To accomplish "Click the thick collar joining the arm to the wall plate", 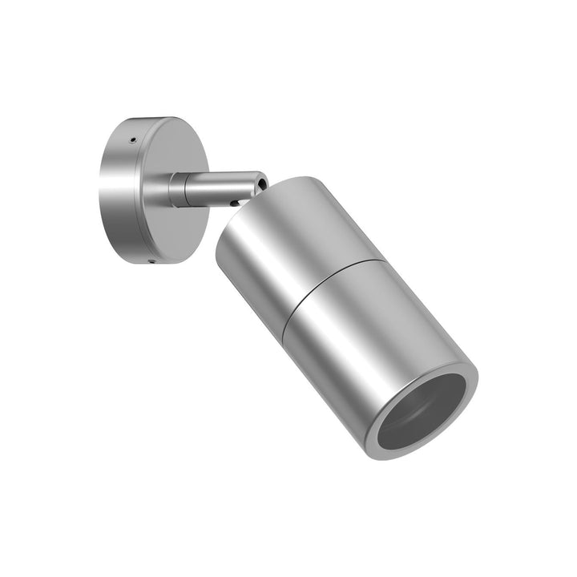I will click(x=177, y=190).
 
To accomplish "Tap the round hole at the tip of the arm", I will click(x=261, y=184).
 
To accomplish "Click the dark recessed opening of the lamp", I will click(x=425, y=413).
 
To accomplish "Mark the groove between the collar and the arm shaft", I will click(x=187, y=189).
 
